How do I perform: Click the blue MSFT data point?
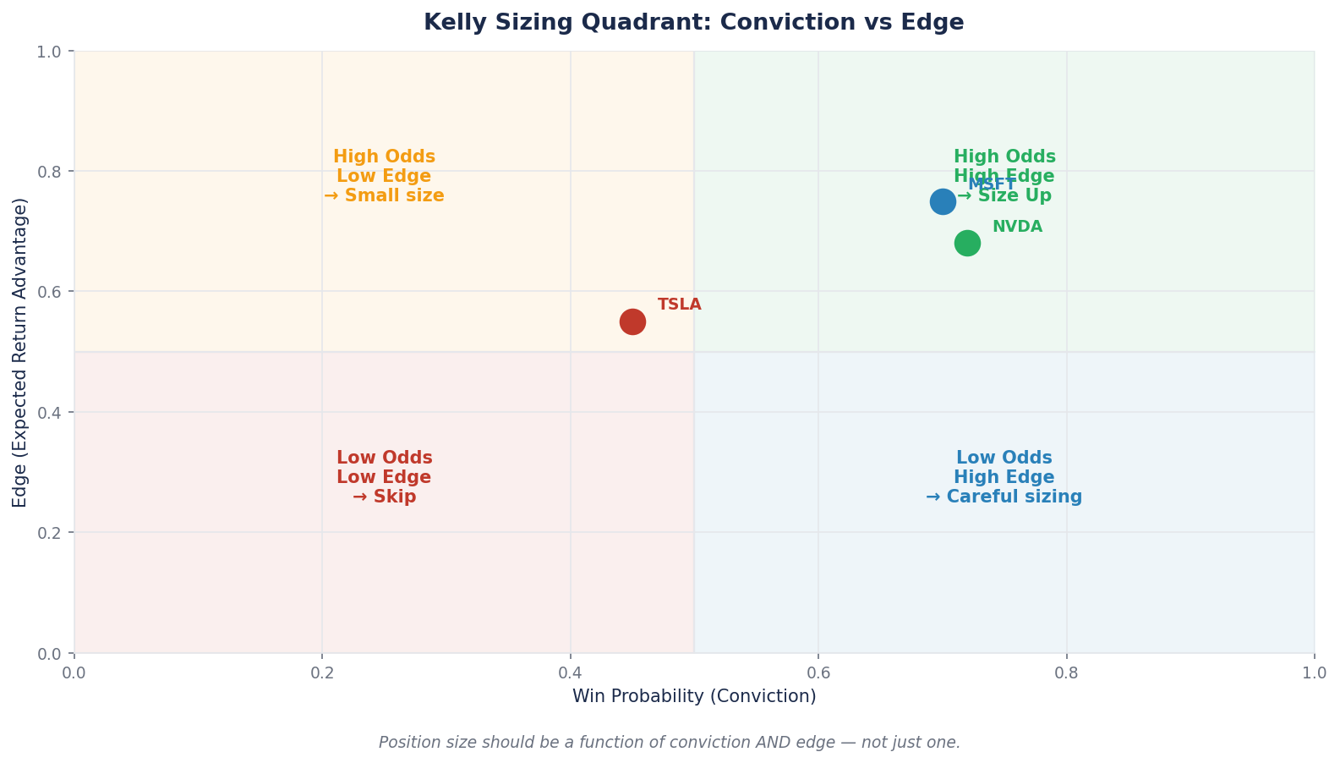(x=943, y=201)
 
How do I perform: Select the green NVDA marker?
(x=967, y=244)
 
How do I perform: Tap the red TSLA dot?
(x=632, y=321)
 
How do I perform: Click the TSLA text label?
(x=679, y=305)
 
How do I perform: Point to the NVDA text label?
(x=1017, y=227)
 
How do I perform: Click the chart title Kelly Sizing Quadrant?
(x=693, y=23)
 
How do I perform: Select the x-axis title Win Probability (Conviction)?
(x=694, y=696)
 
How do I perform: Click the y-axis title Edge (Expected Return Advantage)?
(x=20, y=352)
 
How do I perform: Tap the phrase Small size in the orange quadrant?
(x=394, y=196)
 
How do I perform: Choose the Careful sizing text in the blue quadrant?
(x=1014, y=497)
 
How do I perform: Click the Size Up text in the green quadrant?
(x=1015, y=196)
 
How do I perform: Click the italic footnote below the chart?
(x=669, y=743)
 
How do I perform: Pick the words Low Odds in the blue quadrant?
(x=1004, y=458)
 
